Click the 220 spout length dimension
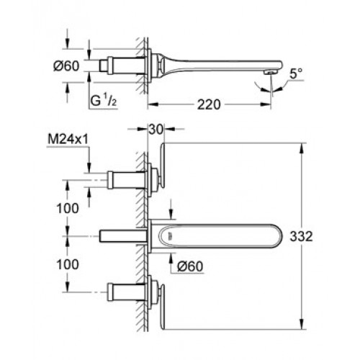(x=209, y=104)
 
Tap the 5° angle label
(x=296, y=73)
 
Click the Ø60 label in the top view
(x=66, y=66)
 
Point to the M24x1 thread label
(x=68, y=140)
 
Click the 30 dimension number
(x=156, y=130)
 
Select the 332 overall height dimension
(x=302, y=236)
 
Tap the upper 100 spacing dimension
(x=68, y=208)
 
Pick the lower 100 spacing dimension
(x=68, y=264)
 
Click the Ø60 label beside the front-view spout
(x=190, y=266)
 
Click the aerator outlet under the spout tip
(x=269, y=72)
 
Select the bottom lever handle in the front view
(x=162, y=307)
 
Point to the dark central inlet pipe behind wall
(x=123, y=236)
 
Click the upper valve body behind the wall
(x=126, y=180)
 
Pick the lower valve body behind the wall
(x=126, y=292)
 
